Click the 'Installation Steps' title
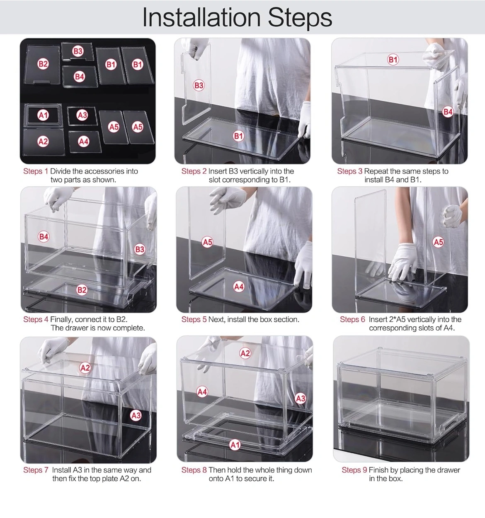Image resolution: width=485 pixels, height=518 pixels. pos(237,17)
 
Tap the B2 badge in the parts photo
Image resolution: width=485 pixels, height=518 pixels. pos(43,64)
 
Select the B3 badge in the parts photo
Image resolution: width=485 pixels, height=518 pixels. pos(78,51)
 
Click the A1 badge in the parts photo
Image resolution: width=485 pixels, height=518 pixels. pos(43,115)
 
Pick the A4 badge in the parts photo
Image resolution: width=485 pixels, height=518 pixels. pos(84,141)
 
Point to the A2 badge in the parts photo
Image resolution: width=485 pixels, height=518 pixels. pos(43,141)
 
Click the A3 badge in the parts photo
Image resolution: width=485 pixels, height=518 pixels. pos(82,115)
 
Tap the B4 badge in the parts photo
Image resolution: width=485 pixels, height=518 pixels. pos(80,77)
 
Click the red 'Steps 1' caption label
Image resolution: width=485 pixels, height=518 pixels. pos(36,171)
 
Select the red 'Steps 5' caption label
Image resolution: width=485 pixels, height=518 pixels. pos(194,319)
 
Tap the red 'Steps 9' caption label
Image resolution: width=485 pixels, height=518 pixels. pos(354,470)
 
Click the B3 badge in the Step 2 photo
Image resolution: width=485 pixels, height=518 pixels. pos(199,85)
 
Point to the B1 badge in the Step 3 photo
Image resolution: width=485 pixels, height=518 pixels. pos(393,60)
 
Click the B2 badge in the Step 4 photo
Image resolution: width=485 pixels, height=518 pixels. pos(82,290)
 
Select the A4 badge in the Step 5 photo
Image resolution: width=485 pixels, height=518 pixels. pos(239,287)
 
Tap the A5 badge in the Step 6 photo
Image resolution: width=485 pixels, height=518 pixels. pos(438,242)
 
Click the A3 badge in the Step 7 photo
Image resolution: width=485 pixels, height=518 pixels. pos(136,416)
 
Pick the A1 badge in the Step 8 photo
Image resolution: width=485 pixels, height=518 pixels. pos(235,445)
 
